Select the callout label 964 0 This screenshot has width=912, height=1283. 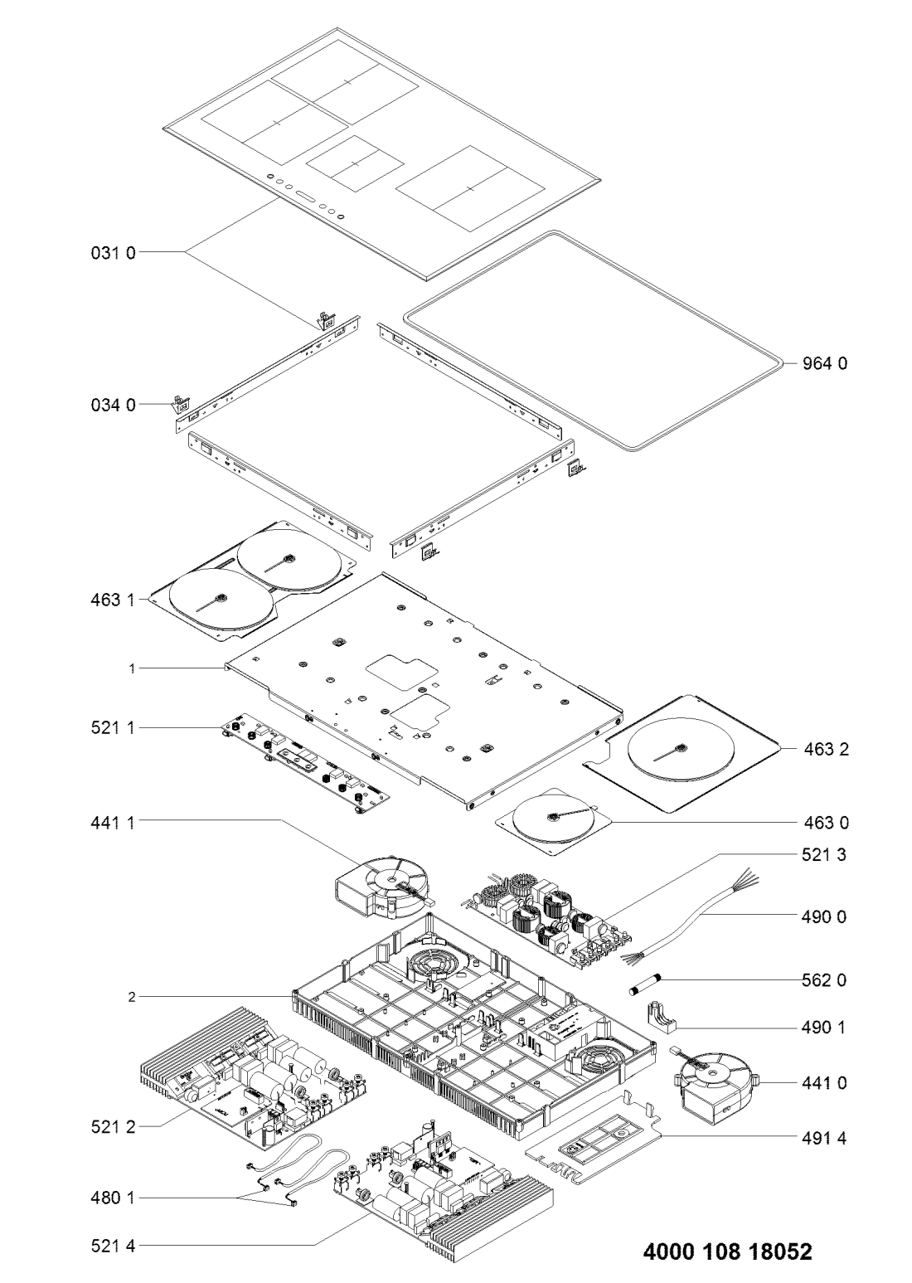coord(825,362)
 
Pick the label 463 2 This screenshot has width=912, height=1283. coord(825,749)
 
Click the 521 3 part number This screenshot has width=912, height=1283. coord(825,853)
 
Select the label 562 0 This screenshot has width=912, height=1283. coord(825,980)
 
